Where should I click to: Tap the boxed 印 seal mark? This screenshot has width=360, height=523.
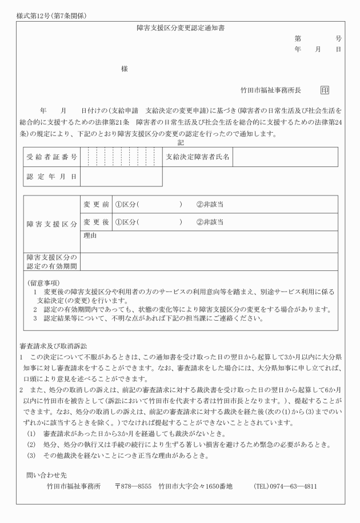(325, 90)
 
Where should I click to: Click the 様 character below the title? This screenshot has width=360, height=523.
(124, 69)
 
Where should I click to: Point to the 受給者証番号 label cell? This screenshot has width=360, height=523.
(52, 157)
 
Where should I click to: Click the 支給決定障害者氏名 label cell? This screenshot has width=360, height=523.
(198, 157)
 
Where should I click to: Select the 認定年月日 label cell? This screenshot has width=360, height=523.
(52, 177)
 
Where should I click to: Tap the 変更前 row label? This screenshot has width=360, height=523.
(96, 204)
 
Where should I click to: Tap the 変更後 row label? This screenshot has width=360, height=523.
(96, 222)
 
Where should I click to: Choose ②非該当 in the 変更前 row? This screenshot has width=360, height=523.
(210, 204)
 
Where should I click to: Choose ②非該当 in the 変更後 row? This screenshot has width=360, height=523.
(210, 222)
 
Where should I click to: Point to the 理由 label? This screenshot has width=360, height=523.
(90, 235)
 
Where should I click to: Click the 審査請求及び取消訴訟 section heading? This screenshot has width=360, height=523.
(54, 348)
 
